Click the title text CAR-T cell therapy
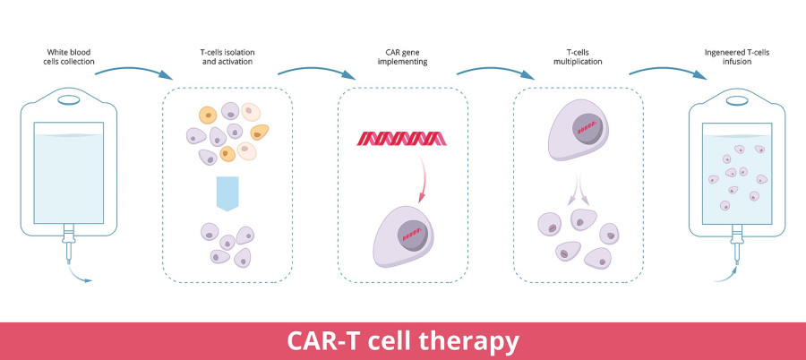pos(402,341)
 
